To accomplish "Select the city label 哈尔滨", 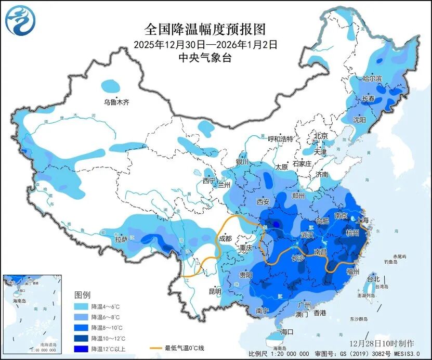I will [x=372, y=79].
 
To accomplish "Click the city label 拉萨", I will [x=121, y=240].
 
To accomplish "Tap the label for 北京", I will [x=320, y=136].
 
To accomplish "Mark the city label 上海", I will [x=362, y=220].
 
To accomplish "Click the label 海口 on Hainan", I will [x=287, y=332].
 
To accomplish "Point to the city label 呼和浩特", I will [x=281, y=139].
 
